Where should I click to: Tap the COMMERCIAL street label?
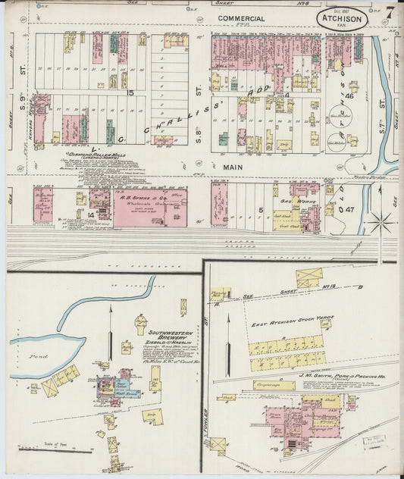241,18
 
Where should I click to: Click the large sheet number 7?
388,12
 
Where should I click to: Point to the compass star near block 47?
383,222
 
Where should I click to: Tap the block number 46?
351,96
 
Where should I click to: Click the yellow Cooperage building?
274,386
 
